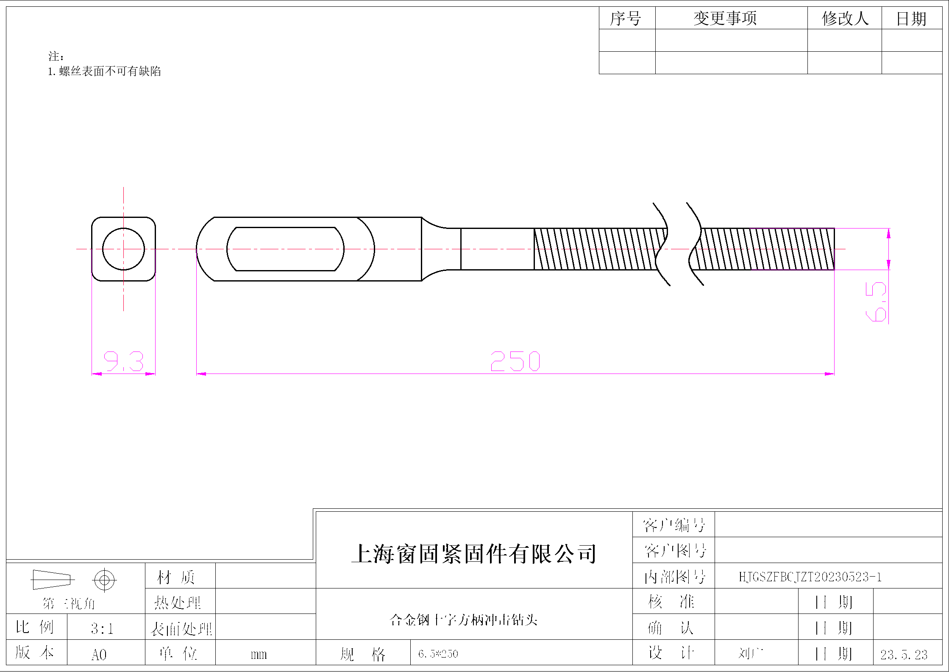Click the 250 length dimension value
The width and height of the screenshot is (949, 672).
[x=515, y=362]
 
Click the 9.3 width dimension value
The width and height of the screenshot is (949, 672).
[x=124, y=362]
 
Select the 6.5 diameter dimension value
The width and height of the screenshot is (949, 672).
[x=876, y=301]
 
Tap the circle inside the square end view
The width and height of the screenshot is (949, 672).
[x=123, y=249]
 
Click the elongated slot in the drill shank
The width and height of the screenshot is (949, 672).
[x=285, y=249]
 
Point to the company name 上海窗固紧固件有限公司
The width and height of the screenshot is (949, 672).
[x=474, y=554]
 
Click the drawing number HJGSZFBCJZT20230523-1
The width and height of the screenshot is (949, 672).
[x=810, y=577]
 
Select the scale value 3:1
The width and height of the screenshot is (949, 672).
[x=102, y=628]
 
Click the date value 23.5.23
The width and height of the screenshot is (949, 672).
[x=904, y=655]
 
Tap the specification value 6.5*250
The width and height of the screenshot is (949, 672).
[x=438, y=654]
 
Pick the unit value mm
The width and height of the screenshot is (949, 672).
[x=259, y=655]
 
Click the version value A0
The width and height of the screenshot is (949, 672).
[x=99, y=655]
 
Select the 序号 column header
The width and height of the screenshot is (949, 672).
[x=626, y=19]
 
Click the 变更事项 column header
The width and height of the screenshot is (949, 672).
[x=725, y=19]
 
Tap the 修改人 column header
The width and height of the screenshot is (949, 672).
[x=845, y=19]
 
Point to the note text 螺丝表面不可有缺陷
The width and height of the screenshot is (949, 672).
[x=110, y=71]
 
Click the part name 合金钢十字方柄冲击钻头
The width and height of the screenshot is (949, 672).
[x=463, y=620]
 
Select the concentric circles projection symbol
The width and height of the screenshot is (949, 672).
[x=104, y=580]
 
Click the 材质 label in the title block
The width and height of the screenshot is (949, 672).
[x=176, y=577]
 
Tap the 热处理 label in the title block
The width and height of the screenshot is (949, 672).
[x=178, y=602]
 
